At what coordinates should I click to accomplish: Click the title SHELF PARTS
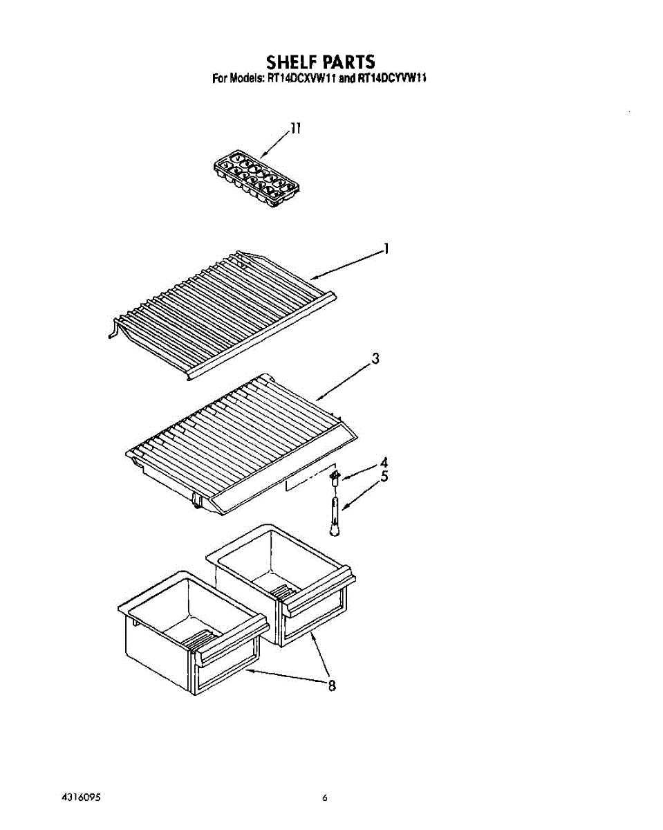pyautogui.click(x=320, y=61)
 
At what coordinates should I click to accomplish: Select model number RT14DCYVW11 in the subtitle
pyautogui.click(x=391, y=78)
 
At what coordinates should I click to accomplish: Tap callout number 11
pyautogui.click(x=295, y=128)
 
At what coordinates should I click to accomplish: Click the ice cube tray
pyautogui.click(x=256, y=178)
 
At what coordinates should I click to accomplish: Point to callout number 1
pyautogui.click(x=386, y=249)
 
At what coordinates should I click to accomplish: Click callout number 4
pyautogui.click(x=384, y=462)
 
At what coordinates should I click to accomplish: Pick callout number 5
pyautogui.click(x=384, y=477)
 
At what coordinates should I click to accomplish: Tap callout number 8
pyautogui.click(x=332, y=685)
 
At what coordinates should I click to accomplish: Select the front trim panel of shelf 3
pyautogui.click(x=286, y=473)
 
